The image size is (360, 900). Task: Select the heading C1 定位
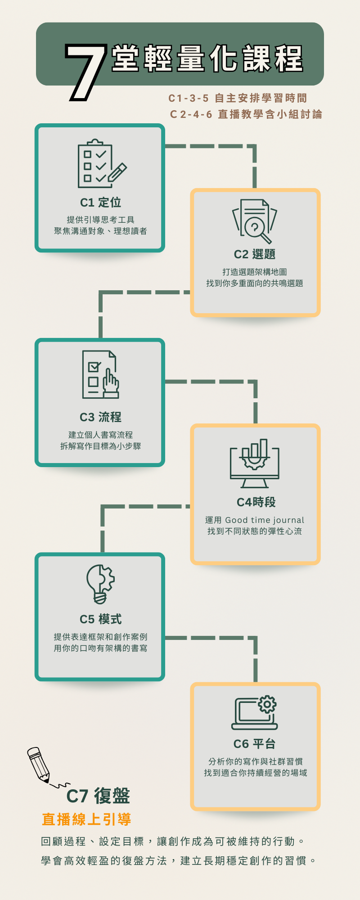[x=100, y=202]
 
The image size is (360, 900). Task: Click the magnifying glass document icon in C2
[x=254, y=221]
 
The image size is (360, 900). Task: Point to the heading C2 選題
[x=254, y=254]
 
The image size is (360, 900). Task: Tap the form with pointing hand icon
[x=100, y=374]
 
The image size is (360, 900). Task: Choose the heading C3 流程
[x=100, y=417]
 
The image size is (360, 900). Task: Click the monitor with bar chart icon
[x=254, y=463]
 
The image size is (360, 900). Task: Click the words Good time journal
[x=265, y=520]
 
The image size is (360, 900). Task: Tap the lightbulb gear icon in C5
[x=100, y=584]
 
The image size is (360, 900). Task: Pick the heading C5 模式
[x=100, y=619]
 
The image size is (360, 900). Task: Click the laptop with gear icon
[x=255, y=713]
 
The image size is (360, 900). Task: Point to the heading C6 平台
[x=254, y=744]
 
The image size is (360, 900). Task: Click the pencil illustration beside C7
[x=40, y=765]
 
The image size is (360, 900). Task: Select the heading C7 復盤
[x=98, y=796]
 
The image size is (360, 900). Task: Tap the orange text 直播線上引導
[x=86, y=819]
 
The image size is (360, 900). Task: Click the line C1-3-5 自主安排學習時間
[x=238, y=98]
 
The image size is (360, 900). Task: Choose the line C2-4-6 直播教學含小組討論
[x=246, y=114]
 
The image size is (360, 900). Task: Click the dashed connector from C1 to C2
[x=225, y=146]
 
